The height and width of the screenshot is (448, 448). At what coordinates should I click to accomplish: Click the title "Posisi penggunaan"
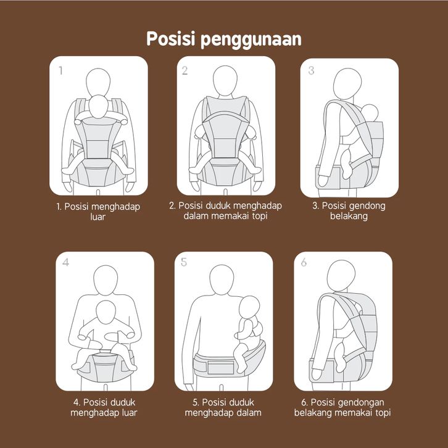coord(224,39)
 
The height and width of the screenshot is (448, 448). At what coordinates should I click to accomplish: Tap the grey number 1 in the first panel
coord(60,70)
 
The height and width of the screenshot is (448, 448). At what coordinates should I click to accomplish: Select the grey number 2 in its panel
coord(185,70)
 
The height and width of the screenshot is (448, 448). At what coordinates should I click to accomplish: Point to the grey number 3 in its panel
coord(311,70)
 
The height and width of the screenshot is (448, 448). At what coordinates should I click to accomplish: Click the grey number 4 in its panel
coord(65,262)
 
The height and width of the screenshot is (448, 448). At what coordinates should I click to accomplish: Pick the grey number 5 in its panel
coord(184,262)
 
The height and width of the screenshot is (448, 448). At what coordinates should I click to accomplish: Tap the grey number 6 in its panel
coord(304,262)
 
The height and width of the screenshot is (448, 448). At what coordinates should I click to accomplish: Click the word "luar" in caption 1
coord(97,217)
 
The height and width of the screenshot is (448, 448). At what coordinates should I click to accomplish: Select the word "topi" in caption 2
coord(260,216)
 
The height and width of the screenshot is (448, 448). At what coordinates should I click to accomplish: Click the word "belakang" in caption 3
coord(349,216)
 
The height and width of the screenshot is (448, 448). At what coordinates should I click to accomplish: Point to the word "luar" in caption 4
coord(130,413)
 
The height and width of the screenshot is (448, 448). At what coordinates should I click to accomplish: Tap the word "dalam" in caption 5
coord(249,413)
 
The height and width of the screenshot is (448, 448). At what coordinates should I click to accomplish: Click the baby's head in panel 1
coord(98,107)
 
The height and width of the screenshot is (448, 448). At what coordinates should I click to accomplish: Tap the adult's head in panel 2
coord(225,81)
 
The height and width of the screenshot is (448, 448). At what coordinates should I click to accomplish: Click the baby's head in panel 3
coord(370,112)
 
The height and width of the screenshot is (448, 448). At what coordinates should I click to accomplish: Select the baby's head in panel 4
coord(106,312)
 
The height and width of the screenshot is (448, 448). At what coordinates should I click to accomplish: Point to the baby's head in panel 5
coord(249,307)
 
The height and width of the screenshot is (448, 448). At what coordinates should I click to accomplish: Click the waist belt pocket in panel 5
coord(221,368)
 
